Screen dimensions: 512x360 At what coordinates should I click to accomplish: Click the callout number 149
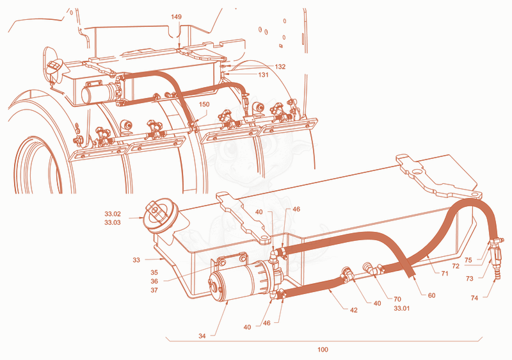[177, 17]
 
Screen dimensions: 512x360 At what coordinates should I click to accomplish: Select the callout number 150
[204, 104]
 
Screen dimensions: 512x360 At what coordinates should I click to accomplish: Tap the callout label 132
[280, 67]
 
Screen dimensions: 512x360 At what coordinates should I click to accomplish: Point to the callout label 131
[263, 75]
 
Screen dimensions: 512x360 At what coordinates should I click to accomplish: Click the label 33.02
[113, 215]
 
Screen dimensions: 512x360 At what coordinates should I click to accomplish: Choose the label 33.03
[113, 223]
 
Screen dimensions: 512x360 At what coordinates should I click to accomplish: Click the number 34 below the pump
[202, 336]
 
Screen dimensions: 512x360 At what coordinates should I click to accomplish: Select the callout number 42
[354, 310]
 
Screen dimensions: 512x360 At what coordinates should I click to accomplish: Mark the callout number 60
[431, 296]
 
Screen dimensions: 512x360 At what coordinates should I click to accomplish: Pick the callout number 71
[445, 274]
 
